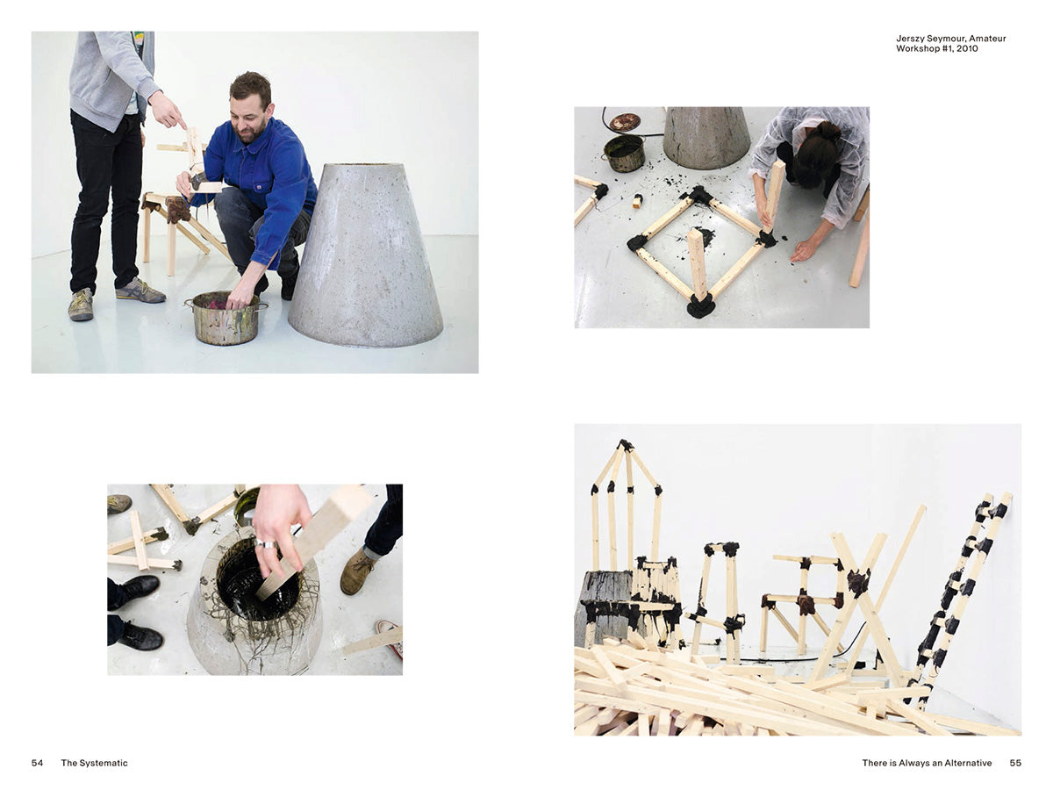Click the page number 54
tap(37, 763)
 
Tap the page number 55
tap(1015, 763)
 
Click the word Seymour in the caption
tap(948, 39)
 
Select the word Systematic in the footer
tap(104, 763)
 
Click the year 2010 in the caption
tap(967, 48)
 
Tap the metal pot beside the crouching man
tap(226, 318)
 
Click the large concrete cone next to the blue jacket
tap(366, 255)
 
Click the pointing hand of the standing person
tap(167, 110)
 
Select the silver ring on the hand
tap(266, 544)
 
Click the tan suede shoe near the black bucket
tap(357, 571)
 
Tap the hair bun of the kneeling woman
tap(828, 131)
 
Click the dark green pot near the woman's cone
tap(624, 153)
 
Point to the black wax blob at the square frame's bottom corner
tap(700, 305)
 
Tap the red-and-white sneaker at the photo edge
tap(390, 638)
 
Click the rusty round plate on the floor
tap(625, 122)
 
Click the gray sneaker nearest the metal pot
tap(140, 291)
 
